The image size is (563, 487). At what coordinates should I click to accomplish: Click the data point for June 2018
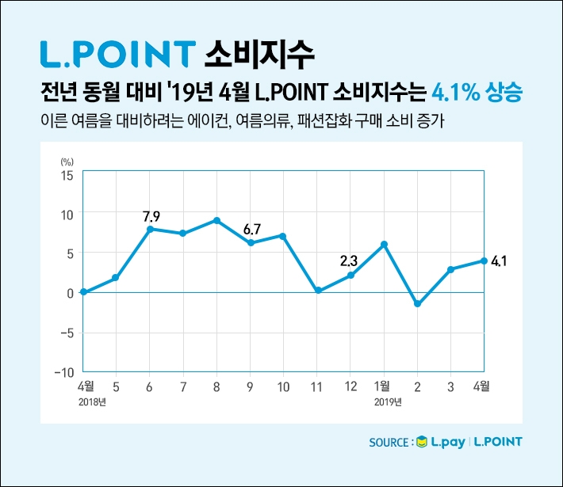[149, 229]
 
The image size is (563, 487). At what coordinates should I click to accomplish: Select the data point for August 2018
[216, 220]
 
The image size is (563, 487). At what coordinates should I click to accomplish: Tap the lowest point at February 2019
[417, 304]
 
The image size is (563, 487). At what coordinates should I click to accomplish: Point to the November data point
[317, 291]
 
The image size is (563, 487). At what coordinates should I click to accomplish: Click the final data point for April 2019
[484, 261]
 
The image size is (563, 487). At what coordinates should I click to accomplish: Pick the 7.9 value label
[151, 215]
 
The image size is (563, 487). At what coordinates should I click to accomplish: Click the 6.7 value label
[252, 230]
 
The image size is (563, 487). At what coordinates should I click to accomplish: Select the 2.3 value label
[350, 261]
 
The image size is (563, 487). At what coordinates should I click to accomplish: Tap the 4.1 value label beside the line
[500, 261]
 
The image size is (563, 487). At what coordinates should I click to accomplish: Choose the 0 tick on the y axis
[71, 293]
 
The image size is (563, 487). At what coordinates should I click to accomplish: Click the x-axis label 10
[283, 387]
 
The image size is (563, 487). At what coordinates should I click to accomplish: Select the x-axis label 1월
[382, 387]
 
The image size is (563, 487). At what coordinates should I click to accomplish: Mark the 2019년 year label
[389, 402]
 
